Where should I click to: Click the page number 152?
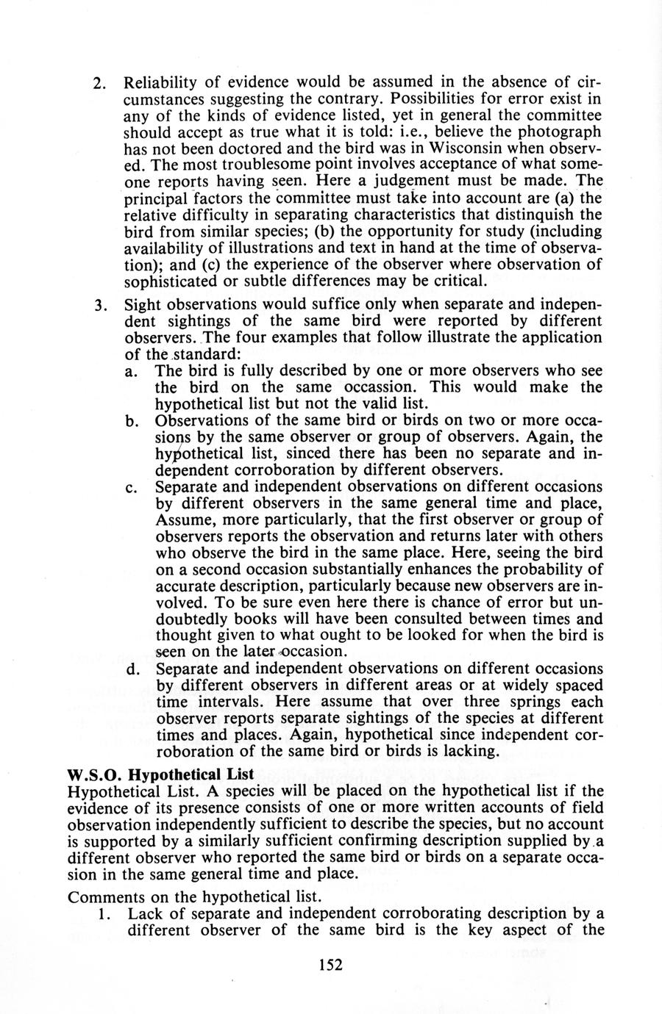331,965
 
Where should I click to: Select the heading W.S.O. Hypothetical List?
160,774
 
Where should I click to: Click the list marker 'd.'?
133,669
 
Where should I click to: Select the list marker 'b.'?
133,421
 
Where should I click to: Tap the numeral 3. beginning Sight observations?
102,305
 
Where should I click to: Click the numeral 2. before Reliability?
101,82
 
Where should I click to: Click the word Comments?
100,897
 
